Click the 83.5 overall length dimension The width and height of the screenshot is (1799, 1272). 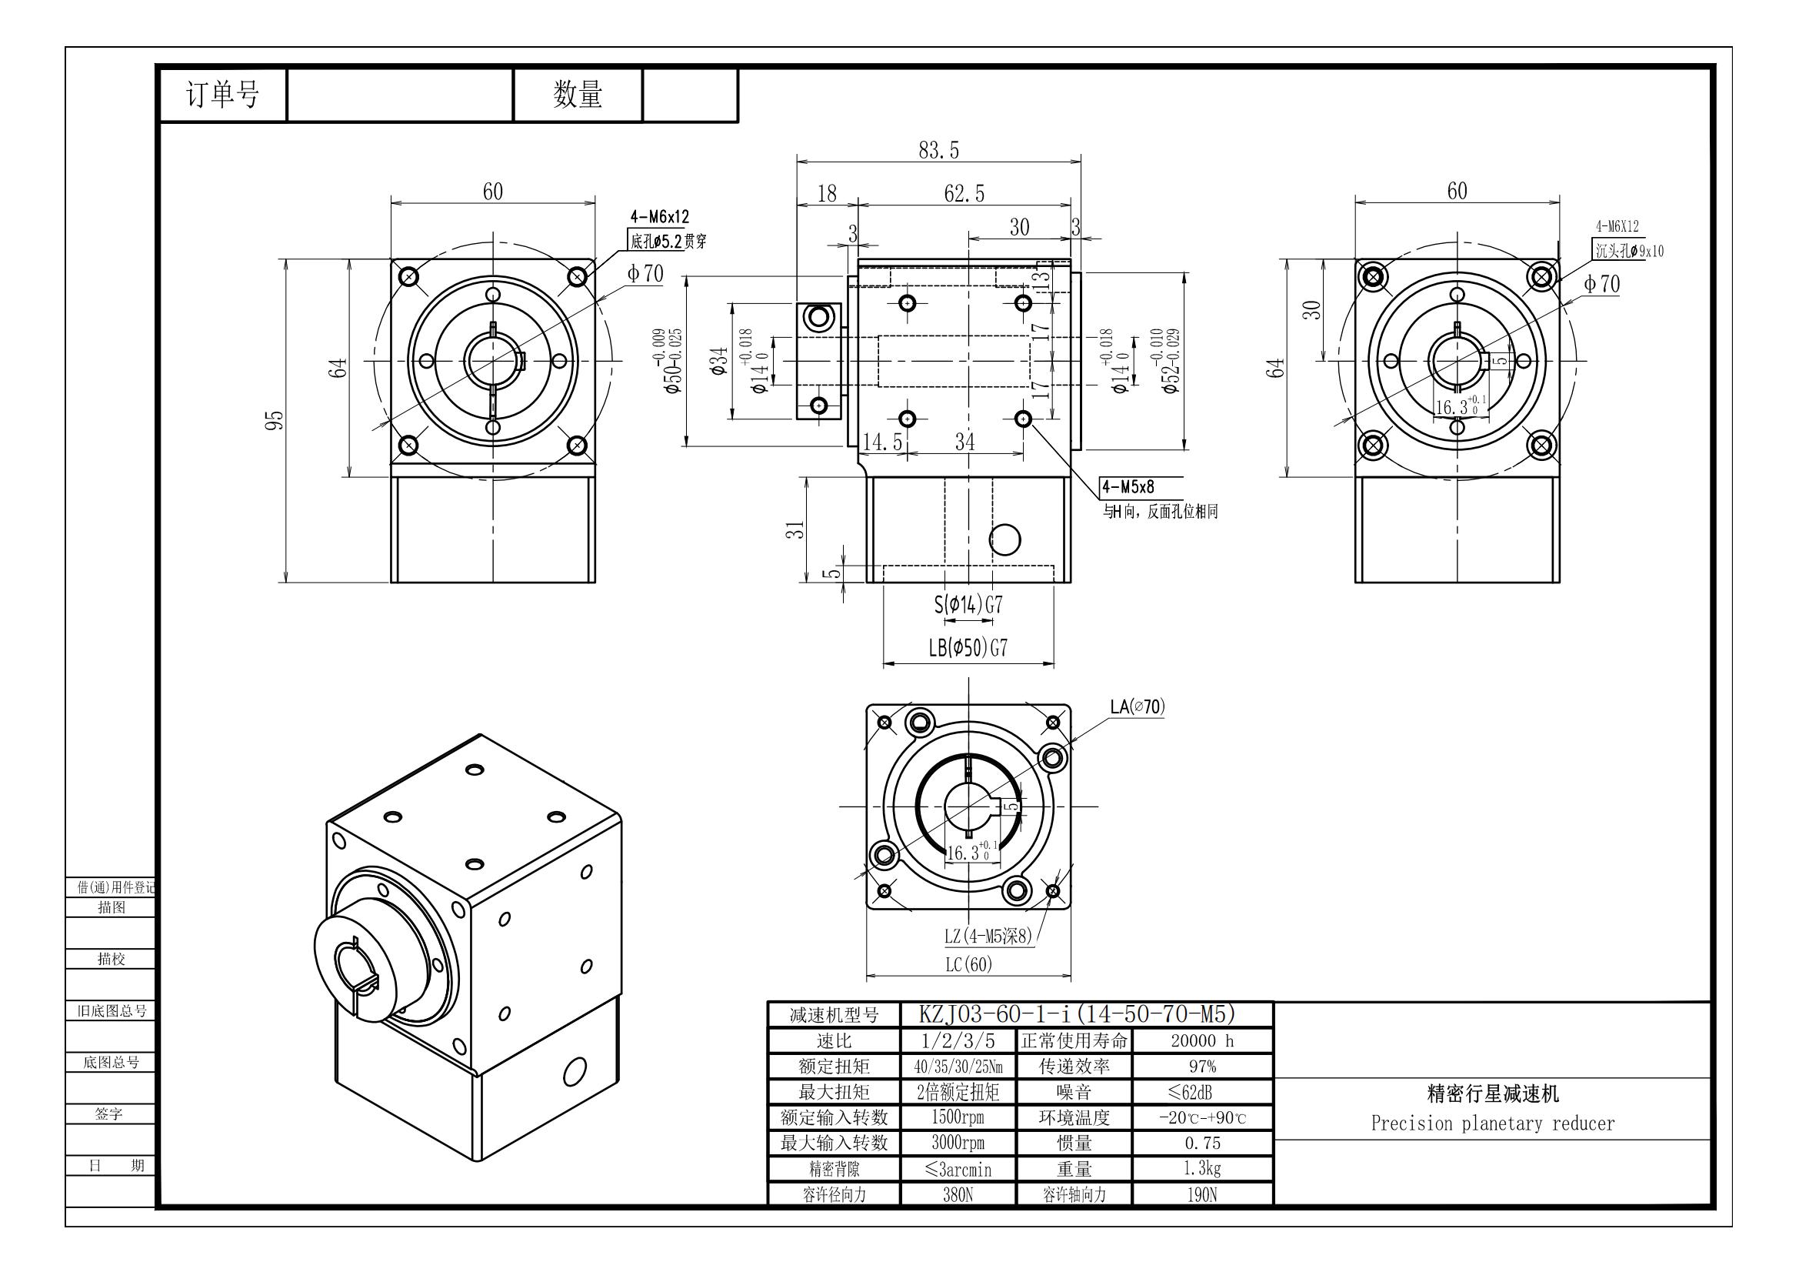[938, 150]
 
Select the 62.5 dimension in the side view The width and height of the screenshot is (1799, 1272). [964, 193]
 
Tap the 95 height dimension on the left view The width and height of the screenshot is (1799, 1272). [275, 420]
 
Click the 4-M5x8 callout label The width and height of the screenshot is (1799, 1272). [1128, 486]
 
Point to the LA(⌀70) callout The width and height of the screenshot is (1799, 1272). [1137, 707]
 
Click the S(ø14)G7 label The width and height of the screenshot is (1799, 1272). [968, 604]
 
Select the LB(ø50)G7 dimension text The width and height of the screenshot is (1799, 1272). [968, 647]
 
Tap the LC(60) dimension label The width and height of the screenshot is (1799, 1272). [968, 964]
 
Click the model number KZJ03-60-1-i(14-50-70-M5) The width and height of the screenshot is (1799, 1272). [1077, 1014]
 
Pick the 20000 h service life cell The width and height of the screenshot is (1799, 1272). [1202, 1041]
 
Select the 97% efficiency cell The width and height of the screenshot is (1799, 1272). [1202, 1067]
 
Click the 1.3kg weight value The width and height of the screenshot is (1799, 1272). [1202, 1169]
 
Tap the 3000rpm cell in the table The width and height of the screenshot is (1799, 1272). [958, 1143]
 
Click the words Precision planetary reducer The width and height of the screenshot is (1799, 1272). [1493, 1123]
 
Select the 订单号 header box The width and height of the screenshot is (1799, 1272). [222, 95]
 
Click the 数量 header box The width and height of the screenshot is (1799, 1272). [578, 95]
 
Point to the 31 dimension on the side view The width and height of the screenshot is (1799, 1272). [795, 529]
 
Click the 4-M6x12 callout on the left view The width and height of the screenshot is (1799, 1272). [660, 217]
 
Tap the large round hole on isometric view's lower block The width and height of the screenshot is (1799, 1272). [575, 1070]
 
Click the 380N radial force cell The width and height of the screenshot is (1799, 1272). [958, 1194]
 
